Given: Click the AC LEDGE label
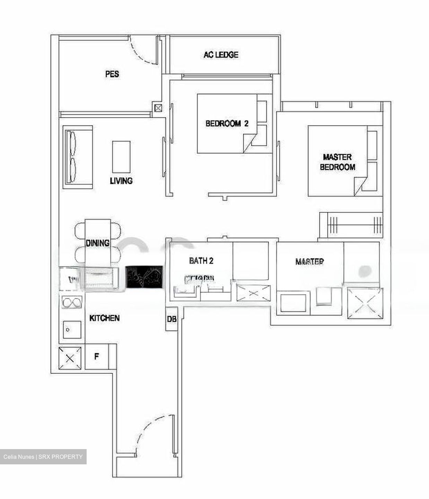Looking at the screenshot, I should (221, 55).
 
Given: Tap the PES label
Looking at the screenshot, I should (112, 74).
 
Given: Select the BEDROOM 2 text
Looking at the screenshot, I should (227, 123).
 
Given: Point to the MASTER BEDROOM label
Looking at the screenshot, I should (337, 162).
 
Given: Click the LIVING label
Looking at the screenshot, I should (121, 181).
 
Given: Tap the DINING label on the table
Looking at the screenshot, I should (98, 243).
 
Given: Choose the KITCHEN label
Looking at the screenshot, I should (104, 318).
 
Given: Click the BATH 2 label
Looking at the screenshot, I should (201, 261).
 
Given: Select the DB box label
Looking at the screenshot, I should (172, 319).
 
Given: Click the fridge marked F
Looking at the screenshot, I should (97, 356).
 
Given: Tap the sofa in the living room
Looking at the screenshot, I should (78, 157).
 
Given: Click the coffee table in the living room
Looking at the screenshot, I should (121, 157).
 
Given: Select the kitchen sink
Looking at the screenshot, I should (72, 330).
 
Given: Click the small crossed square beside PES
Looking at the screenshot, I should (158, 108).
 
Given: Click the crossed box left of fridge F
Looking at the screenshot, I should (70, 358).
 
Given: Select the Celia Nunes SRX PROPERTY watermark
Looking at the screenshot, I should (43, 457).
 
